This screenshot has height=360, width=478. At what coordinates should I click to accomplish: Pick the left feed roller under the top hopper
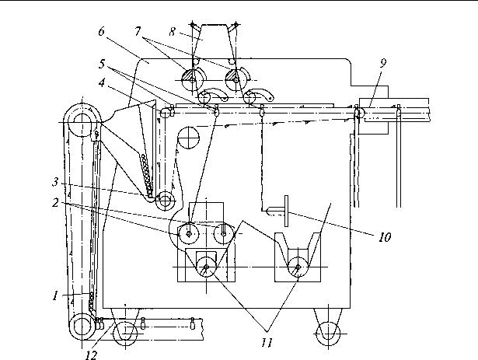coord(190,79)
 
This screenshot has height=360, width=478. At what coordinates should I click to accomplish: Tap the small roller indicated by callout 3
coord(164,200)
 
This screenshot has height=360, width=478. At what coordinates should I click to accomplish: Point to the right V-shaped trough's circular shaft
coord(298,269)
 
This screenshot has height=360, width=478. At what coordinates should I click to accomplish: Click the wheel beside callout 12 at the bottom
coord(122,335)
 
